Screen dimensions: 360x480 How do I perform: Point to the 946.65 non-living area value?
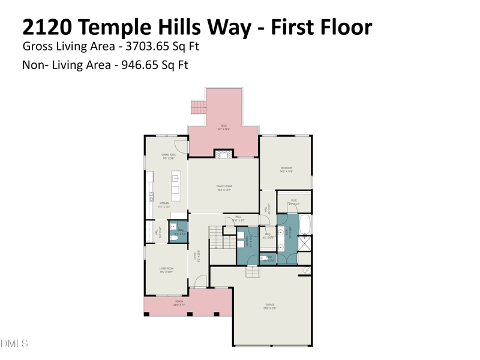point(140,65)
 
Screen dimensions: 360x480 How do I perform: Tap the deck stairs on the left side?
point(198,107)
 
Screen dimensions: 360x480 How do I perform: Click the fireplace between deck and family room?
point(223,154)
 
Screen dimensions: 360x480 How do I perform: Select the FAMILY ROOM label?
point(224,187)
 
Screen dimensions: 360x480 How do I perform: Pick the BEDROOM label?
point(286,169)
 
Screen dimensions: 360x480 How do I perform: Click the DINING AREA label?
point(168,155)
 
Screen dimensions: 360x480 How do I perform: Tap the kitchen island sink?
point(176,179)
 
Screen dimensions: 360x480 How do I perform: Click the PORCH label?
point(179,302)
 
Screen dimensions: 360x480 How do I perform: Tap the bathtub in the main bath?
point(305,224)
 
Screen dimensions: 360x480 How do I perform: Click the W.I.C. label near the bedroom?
point(294,202)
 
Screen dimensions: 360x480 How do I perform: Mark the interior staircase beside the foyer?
point(215,237)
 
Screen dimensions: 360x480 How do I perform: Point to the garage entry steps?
point(253,271)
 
